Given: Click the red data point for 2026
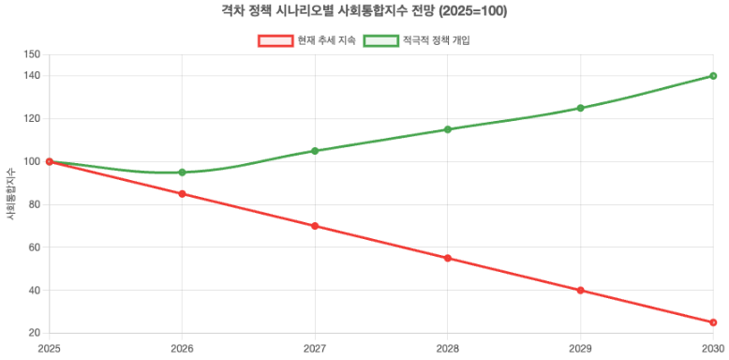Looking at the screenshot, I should point(182,194).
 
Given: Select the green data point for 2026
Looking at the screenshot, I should point(182,172).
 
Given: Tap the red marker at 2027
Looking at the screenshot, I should point(315,226).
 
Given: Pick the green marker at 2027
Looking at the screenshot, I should point(315,151).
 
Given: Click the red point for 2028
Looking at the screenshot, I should point(448,258).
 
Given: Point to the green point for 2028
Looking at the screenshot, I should point(448,129).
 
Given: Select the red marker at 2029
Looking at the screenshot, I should point(581,291).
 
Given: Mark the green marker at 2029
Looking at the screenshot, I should point(581,108).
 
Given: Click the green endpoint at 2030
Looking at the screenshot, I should point(713,76).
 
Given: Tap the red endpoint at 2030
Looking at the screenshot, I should point(713,322).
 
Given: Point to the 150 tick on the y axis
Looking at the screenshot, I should point(33,54).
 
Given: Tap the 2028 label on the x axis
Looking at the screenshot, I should point(448,349).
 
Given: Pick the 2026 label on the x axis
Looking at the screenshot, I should point(182,349).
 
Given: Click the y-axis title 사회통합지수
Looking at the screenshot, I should point(10,194).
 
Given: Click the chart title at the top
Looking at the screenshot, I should point(364,12).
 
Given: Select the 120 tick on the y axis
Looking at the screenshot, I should point(33,119).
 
